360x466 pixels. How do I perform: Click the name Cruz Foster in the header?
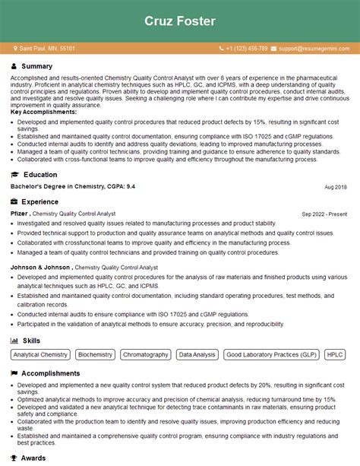point(180,20)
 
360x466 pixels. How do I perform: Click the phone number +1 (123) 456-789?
point(246,49)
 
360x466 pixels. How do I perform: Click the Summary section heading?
point(37,66)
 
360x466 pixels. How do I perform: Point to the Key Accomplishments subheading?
point(38,112)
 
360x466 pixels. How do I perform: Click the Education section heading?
point(40,175)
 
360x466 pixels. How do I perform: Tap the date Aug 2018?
point(335,187)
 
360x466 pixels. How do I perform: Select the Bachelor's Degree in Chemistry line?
point(73,187)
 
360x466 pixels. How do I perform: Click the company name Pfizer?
point(20,214)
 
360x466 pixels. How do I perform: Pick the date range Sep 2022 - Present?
point(324,214)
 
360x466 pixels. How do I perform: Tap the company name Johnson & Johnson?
point(42,268)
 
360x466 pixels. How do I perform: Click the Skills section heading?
point(31,341)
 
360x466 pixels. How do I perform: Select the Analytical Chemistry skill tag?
point(41,355)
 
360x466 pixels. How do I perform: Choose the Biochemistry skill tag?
point(96,355)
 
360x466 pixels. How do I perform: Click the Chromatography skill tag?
point(146,355)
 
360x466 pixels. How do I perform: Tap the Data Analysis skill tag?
point(197,355)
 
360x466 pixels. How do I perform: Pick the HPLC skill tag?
point(335,355)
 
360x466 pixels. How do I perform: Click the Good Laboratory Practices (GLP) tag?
point(271,355)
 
